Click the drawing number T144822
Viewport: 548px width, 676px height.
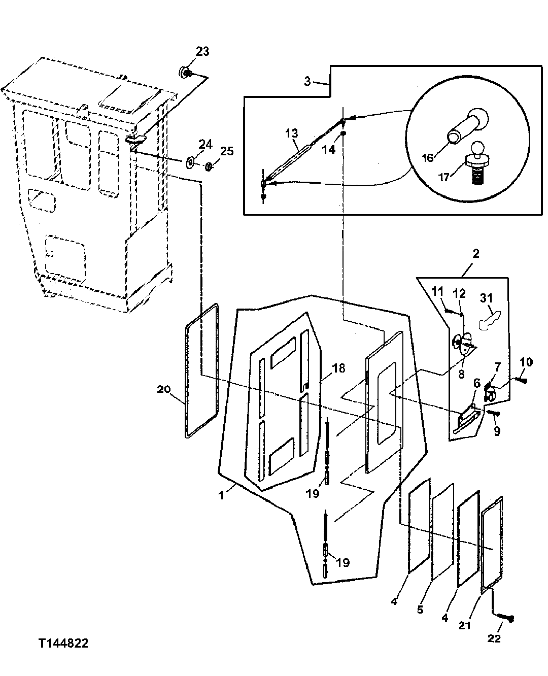63,644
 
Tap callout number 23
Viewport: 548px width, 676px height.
202,52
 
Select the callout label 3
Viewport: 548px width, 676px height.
307,82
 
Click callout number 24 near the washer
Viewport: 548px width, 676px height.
205,145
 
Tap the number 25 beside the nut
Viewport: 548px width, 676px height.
227,151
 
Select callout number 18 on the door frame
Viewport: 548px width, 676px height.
338,368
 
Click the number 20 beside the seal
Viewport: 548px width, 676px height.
164,389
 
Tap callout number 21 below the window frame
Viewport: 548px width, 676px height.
465,625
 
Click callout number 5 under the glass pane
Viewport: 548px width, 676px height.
420,609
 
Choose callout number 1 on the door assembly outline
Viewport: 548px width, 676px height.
221,495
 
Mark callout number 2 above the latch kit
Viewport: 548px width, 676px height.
475,253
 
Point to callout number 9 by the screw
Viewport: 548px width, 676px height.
497,431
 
